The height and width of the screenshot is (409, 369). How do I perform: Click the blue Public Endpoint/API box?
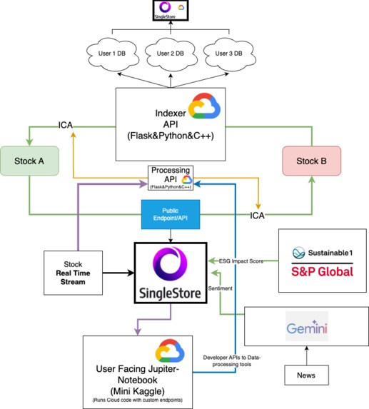171,215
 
